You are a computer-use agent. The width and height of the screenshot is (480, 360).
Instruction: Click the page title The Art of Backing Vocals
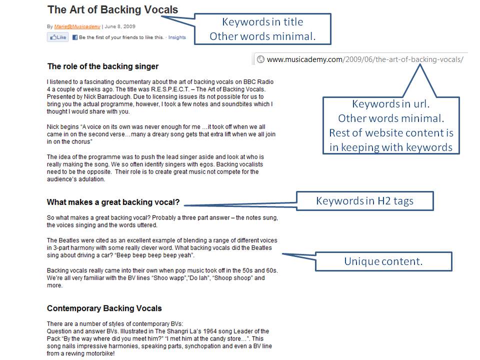(x=112, y=9)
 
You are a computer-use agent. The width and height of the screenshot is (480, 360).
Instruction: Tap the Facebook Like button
(x=58, y=37)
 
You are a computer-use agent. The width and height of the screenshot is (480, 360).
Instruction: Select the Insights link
(x=177, y=37)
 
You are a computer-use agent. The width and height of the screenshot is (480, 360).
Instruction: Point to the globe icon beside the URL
(x=260, y=59)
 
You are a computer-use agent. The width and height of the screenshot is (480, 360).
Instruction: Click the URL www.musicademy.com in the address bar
(x=305, y=59)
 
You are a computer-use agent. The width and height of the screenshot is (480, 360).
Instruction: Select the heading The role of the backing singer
(x=102, y=66)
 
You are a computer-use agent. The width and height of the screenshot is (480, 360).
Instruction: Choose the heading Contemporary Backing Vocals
(x=104, y=308)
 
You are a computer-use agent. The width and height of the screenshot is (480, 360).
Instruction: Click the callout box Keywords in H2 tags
(x=365, y=201)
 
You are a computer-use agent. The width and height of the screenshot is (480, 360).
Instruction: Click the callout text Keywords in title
(x=262, y=22)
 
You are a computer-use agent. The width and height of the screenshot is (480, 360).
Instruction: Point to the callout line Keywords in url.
(x=390, y=104)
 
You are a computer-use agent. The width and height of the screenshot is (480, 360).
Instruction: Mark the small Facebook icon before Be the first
(x=75, y=37)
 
